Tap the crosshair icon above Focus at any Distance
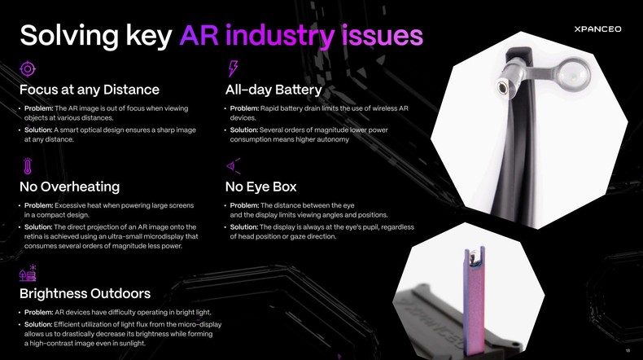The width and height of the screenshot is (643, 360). coord(28,68)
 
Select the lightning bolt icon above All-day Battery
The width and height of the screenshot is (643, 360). coord(234,68)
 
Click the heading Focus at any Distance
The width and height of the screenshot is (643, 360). coord(90,90)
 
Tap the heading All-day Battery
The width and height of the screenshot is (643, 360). coord(273,90)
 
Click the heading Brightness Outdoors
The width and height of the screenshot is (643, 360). coord(85,293)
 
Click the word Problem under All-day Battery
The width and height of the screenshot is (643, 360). coord(245,109)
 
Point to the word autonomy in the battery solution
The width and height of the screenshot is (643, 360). coord(333,139)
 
